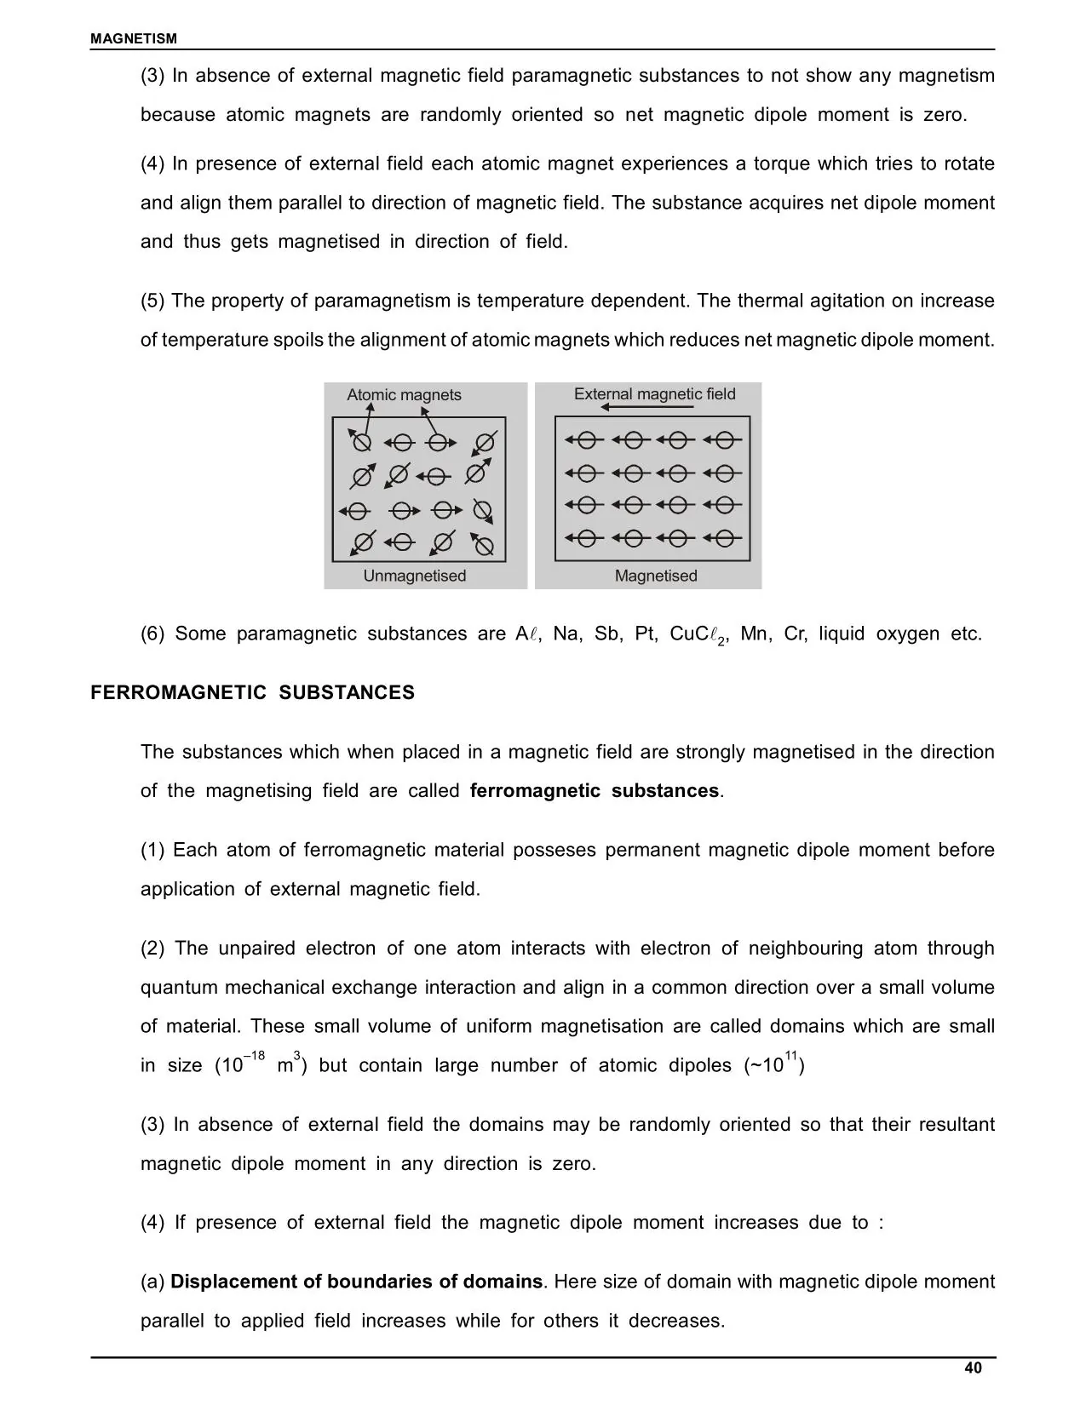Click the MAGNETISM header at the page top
tap(134, 38)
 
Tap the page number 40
tap(973, 1368)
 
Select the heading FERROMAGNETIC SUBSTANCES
tap(252, 692)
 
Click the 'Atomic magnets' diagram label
tap(404, 395)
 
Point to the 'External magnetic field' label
tap(654, 393)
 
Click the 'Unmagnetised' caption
tap(415, 576)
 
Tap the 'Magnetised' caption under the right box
tap(656, 576)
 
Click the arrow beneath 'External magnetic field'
tap(646, 408)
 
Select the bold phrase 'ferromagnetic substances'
tap(595, 790)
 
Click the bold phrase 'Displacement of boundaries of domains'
tap(357, 1282)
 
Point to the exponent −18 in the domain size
tap(254, 1057)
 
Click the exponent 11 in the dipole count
tap(791, 1057)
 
